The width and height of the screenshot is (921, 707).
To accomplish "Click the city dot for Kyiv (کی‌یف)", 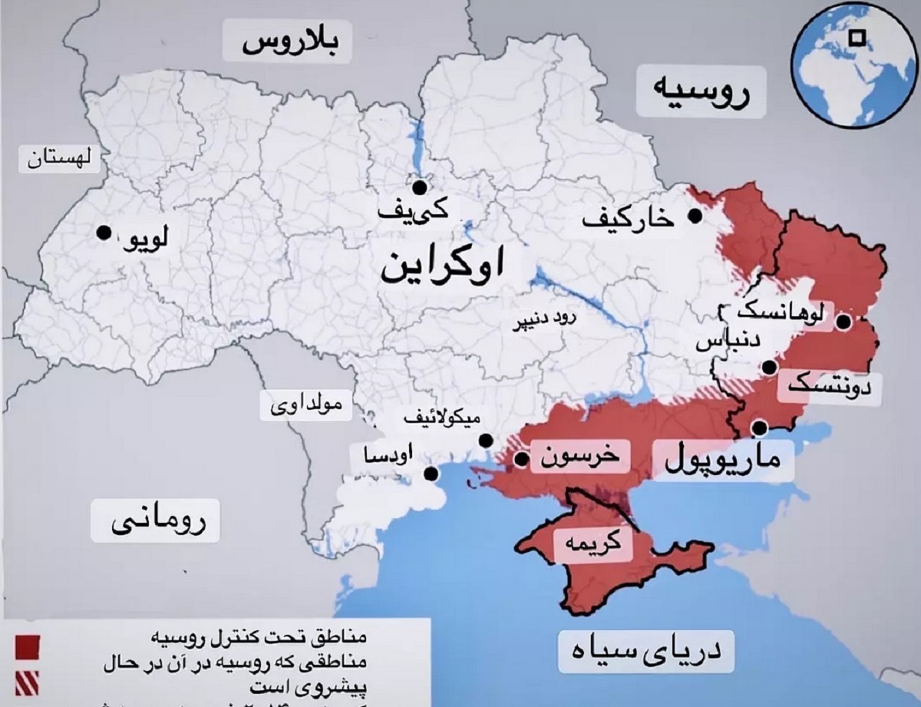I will (419, 187).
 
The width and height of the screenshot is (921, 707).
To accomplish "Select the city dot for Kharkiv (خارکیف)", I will (695, 216).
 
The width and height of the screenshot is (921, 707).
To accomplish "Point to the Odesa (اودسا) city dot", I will (432, 474).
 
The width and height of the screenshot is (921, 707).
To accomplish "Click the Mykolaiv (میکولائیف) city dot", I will (486, 441).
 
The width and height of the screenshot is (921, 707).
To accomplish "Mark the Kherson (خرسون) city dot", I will (521, 460).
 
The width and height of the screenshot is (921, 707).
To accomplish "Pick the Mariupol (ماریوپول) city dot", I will (760, 428).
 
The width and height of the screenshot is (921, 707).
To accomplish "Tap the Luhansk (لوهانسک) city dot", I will (843, 322).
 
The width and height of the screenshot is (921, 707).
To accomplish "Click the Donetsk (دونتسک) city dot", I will (767, 368).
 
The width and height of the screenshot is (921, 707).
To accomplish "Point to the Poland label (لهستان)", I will (58, 160).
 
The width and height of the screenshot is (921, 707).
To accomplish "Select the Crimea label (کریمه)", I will (593, 544).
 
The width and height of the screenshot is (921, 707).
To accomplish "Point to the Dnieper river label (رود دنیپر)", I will (544, 324).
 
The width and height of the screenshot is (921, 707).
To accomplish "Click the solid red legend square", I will (26, 646).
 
